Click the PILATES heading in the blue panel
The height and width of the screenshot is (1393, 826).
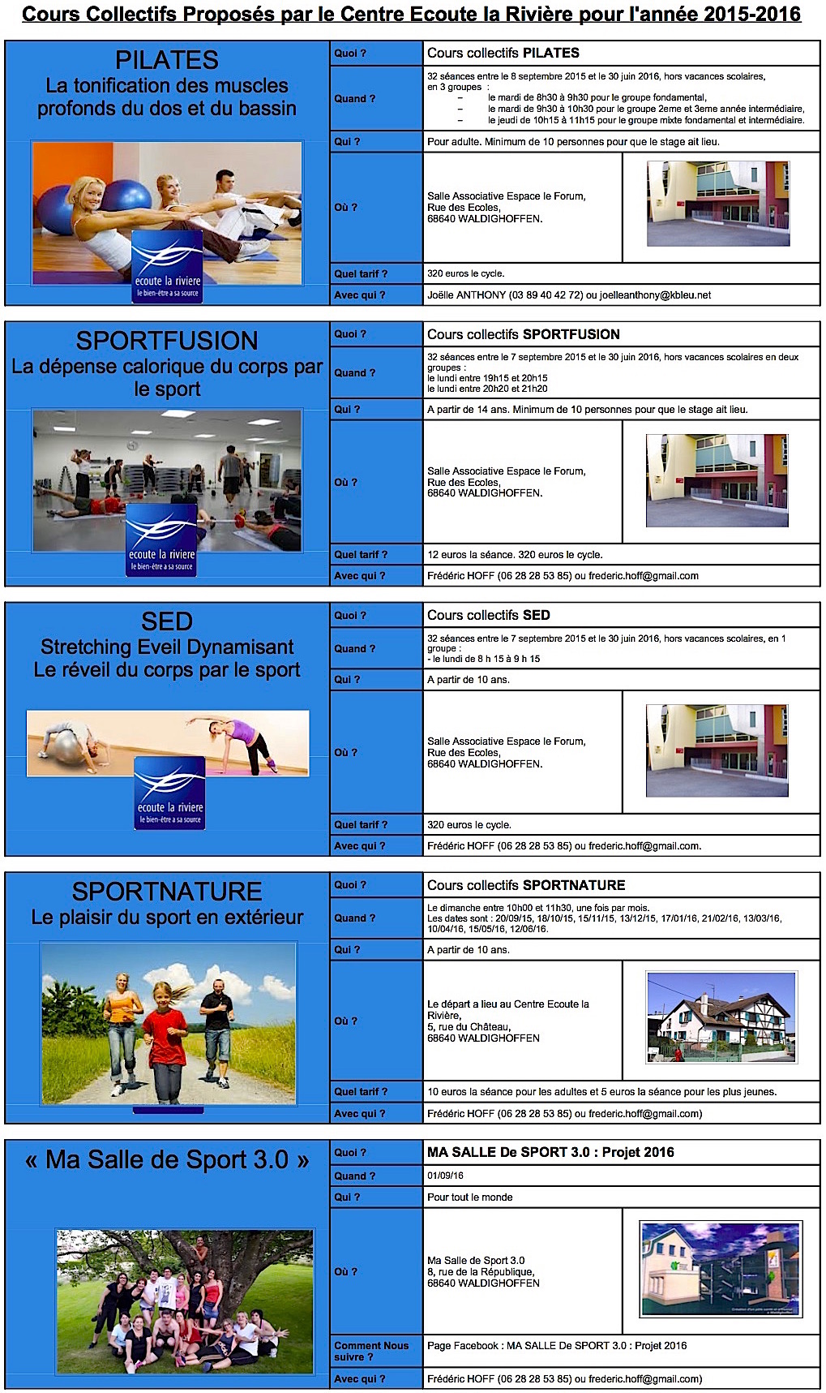tap(167, 60)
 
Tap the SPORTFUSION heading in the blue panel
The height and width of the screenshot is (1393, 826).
tap(167, 341)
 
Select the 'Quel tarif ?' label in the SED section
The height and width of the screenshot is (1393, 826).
tap(361, 824)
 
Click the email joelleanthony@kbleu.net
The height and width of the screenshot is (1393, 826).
tap(655, 295)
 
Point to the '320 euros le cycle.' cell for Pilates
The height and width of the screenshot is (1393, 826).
tap(466, 273)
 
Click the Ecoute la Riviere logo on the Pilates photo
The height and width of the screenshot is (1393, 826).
tap(167, 265)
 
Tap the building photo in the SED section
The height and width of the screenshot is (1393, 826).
tap(717, 750)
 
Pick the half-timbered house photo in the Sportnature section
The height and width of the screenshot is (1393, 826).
tap(721, 1017)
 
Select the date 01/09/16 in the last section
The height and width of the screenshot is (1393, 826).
tap(446, 1176)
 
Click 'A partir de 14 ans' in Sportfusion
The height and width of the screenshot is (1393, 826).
tap(466, 410)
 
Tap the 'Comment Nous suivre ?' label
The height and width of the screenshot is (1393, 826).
tap(371, 1351)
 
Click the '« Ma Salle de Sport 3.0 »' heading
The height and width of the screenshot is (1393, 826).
tap(167, 1160)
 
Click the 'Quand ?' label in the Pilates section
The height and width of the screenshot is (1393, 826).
tap(355, 98)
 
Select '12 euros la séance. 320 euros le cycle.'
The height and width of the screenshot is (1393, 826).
tap(515, 555)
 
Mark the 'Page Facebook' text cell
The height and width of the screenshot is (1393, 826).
tap(557, 1345)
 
